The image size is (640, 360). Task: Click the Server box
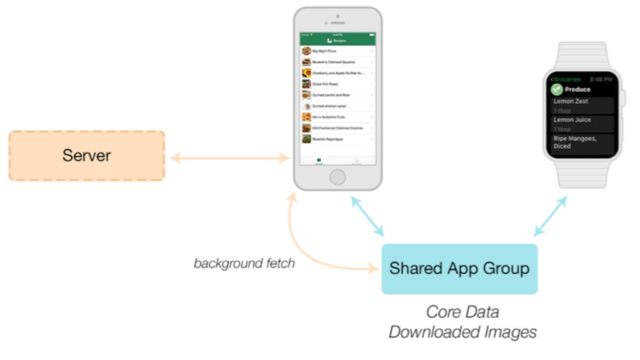86,156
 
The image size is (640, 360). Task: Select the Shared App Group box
459,269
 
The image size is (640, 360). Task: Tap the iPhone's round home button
337,177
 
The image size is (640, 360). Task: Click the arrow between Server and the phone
229,158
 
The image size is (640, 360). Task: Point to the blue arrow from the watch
551,216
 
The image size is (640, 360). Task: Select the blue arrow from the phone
367,216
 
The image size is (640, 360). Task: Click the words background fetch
244,263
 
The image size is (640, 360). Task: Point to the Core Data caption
462,311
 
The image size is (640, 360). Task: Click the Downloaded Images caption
462,332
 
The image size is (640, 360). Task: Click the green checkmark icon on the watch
557,89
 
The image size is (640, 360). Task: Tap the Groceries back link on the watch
566,79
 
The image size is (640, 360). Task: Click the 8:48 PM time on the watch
601,79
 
